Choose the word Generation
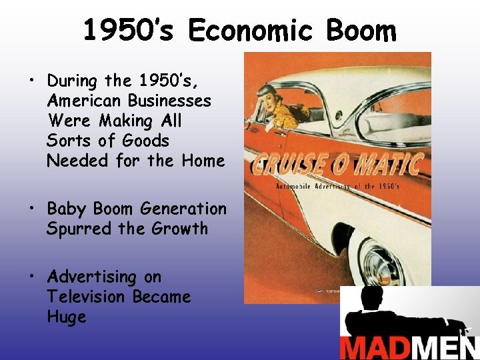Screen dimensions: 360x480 [183, 209]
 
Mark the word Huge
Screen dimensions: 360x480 [67, 317]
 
